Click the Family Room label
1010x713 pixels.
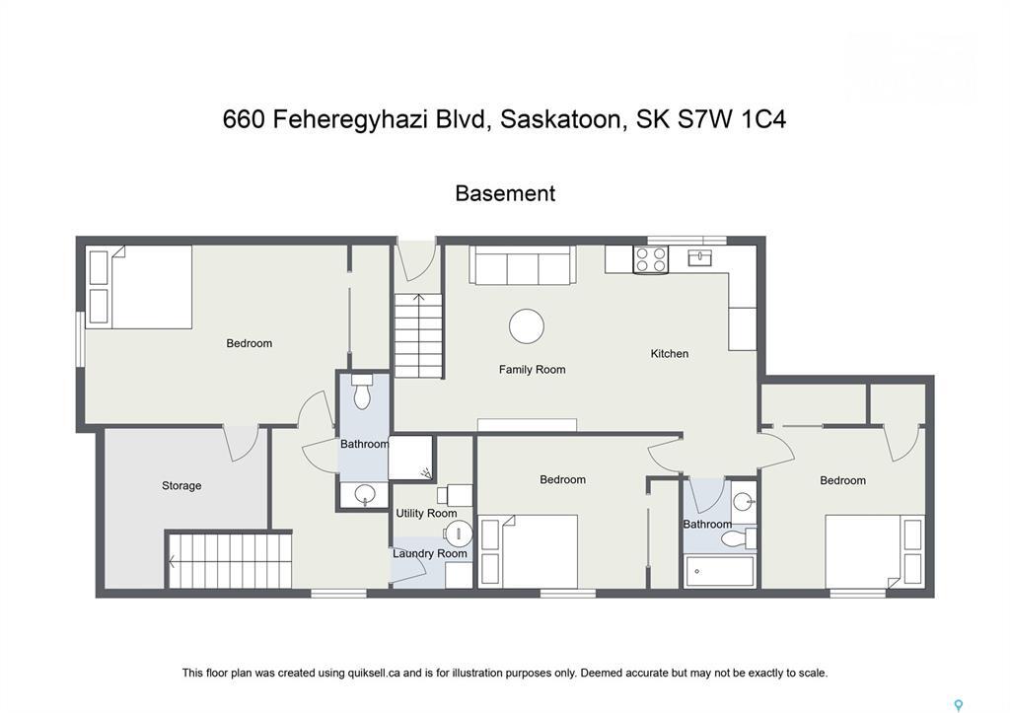click(532, 370)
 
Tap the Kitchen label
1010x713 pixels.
click(669, 353)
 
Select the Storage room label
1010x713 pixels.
click(181, 485)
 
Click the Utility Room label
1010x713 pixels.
click(426, 513)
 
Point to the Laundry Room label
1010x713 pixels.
click(429, 553)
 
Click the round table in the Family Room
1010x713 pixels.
click(527, 326)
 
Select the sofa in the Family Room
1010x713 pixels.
click(523, 265)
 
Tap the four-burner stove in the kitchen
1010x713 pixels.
click(650, 259)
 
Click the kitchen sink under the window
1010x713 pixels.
click(701, 258)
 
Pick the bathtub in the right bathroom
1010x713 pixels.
click(719, 571)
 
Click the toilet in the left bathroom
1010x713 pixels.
click(361, 392)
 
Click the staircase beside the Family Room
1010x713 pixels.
click(418, 335)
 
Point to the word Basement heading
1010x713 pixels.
click(504, 193)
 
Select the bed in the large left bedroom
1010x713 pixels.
click(139, 286)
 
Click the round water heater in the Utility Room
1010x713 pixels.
click(458, 535)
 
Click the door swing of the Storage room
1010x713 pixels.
click(241, 443)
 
